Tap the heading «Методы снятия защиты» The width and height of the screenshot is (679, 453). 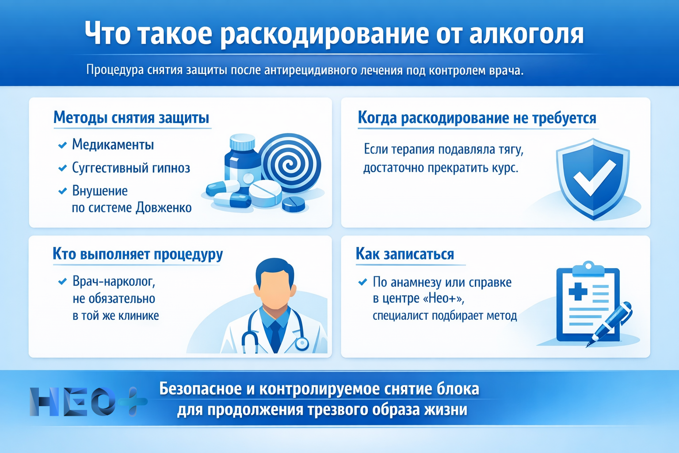(131, 118)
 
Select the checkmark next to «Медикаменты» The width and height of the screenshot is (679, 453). (62, 145)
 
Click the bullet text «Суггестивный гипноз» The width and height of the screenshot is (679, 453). (131, 168)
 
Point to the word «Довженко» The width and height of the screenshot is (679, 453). (164, 207)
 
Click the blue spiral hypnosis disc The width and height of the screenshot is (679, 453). (290, 163)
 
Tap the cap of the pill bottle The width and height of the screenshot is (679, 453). (242, 142)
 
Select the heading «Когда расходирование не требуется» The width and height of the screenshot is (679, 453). (477, 118)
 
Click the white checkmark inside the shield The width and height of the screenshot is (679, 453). (594, 177)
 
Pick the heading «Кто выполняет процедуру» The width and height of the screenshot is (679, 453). (137, 254)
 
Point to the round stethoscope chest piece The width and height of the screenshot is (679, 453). (302, 343)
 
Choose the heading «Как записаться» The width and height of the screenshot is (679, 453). (404, 254)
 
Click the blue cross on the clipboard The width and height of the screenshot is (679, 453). (578, 292)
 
